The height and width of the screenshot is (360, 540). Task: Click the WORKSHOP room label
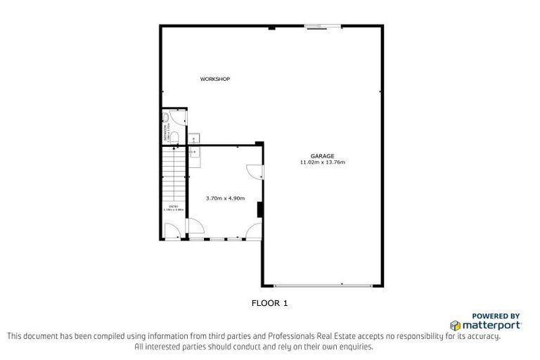[x=215, y=79]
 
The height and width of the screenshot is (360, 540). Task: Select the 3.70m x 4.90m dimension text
[x=225, y=198]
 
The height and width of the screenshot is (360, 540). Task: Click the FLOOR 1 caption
[x=270, y=304]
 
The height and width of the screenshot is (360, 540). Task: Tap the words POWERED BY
[x=496, y=316]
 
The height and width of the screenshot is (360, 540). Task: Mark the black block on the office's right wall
[x=260, y=210]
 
